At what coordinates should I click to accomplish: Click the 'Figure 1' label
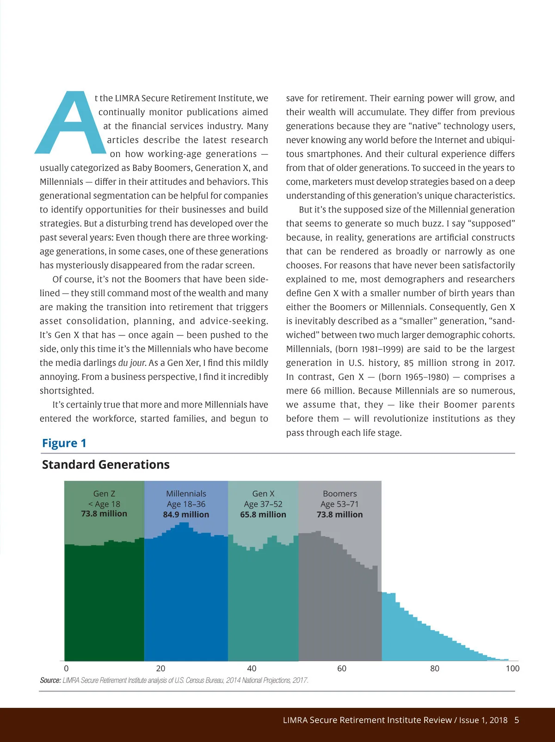64,443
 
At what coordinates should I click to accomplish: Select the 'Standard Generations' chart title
105,464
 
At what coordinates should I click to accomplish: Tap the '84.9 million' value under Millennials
186,514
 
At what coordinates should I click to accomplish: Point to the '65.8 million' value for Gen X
263,514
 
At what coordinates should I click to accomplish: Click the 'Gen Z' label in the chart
104,493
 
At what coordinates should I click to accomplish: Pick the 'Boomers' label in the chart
339,493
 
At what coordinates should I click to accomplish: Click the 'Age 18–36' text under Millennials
186,504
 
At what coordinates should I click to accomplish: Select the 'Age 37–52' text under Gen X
263,504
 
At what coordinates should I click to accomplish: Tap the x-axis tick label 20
160,669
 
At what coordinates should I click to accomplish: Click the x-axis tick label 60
342,669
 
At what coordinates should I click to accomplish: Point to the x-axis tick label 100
512,669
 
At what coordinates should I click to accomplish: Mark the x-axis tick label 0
66,669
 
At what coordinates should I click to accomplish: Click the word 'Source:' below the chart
50,680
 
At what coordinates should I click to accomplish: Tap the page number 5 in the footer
517,720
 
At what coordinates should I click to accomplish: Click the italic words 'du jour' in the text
132,363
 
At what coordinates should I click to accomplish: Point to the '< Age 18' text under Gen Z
104,504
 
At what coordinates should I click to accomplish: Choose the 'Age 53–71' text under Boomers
339,504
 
